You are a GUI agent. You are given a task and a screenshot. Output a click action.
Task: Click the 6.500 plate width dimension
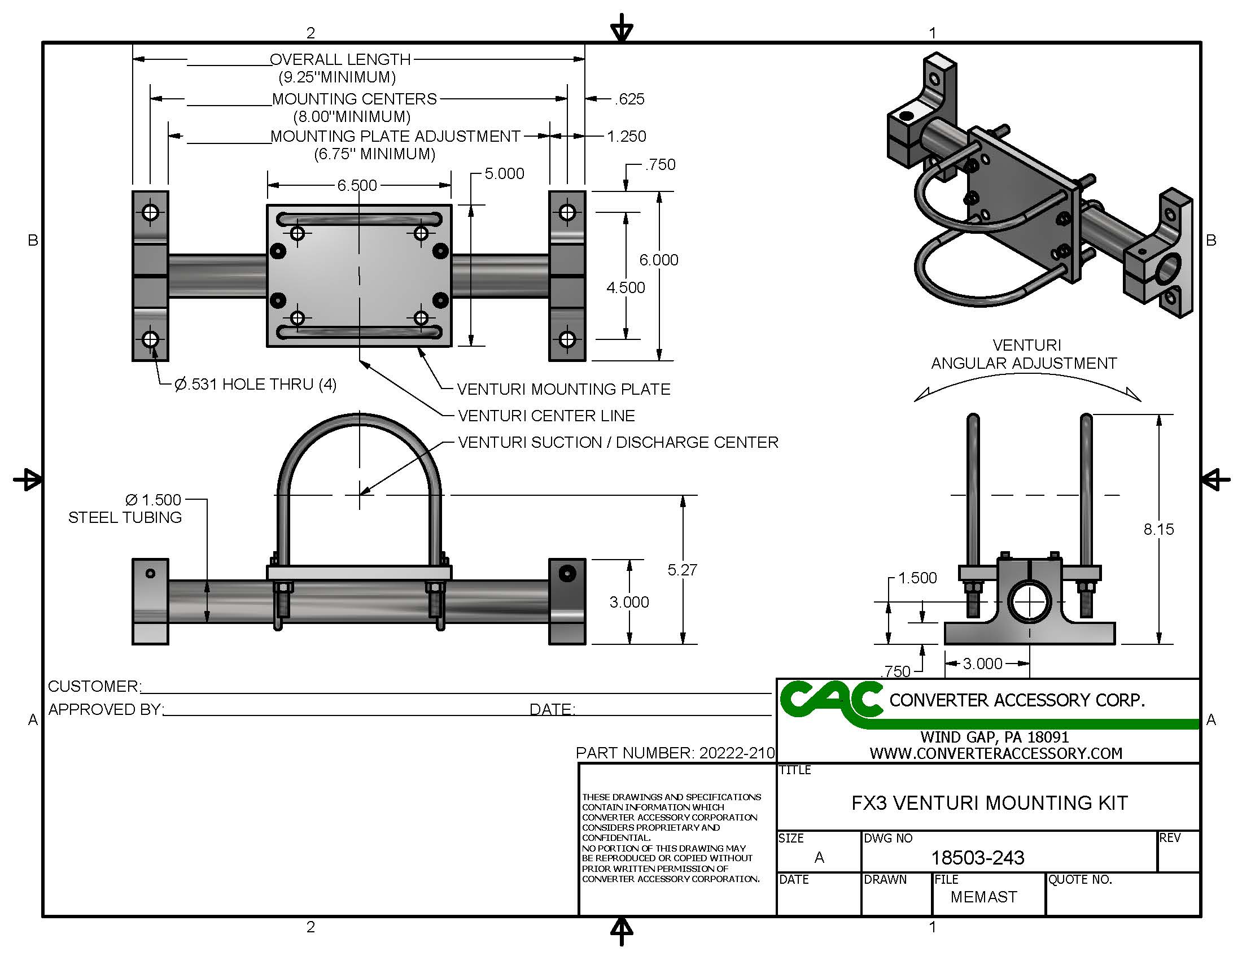point(357,185)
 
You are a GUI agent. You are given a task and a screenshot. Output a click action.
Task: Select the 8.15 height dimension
point(1158,530)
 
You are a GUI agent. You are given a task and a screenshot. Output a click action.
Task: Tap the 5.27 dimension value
point(682,570)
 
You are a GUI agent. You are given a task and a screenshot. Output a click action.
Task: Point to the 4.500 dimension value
point(626,288)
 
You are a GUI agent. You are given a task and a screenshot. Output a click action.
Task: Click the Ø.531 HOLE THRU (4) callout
point(255,385)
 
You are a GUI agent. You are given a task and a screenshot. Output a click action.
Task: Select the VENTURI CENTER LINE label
point(546,416)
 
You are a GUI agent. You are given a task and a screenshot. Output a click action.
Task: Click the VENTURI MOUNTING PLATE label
point(563,390)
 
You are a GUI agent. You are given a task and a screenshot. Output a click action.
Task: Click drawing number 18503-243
point(978,858)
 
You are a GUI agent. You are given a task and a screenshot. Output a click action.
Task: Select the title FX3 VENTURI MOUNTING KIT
point(990,803)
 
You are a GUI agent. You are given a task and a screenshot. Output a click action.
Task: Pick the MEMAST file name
point(983,897)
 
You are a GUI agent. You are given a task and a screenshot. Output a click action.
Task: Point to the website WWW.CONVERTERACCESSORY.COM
point(996,753)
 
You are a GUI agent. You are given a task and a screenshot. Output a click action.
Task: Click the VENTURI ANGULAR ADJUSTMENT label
point(1024,354)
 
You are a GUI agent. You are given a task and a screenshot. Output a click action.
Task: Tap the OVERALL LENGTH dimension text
point(339,60)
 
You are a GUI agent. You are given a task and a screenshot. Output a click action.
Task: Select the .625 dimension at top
point(629,99)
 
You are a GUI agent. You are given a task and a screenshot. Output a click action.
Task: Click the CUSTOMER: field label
point(94,687)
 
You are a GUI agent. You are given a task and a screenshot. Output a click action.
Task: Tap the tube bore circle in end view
point(1029,603)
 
